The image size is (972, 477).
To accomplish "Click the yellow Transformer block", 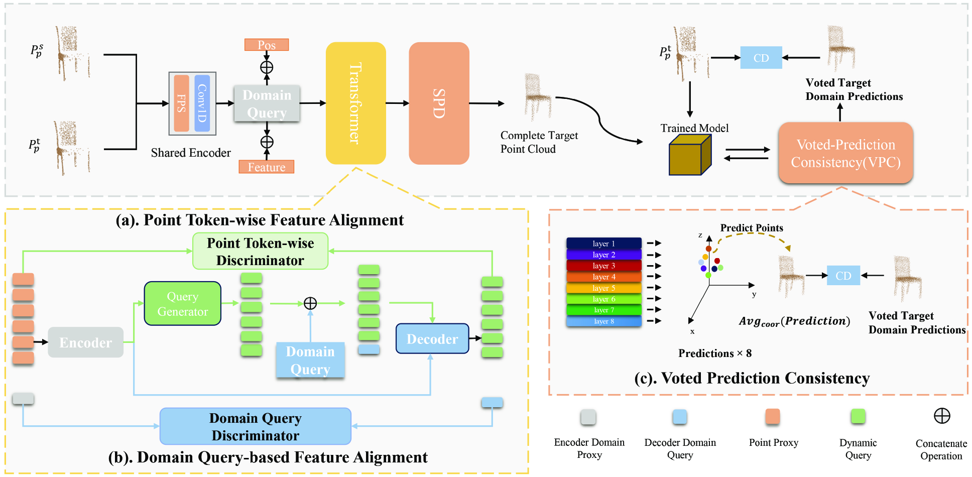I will pyautogui.click(x=355, y=103).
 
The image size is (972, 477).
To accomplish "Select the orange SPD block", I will pyautogui.click(x=439, y=103).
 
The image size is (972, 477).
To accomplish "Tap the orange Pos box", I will pyautogui.click(x=267, y=45).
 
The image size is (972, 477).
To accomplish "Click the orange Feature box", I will pyautogui.click(x=266, y=167).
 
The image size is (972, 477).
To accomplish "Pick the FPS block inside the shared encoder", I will pyautogui.click(x=181, y=103).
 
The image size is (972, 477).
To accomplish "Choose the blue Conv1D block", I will pyautogui.click(x=202, y=103).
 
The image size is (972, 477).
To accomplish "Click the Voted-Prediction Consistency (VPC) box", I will pyautogui.click(x=845, y=153).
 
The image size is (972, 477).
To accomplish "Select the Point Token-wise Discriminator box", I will pyautogui.click(x=260, y=251).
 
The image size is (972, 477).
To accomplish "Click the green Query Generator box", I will pyautogui.click(x=183, y=304).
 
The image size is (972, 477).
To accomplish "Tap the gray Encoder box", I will pyautogui.click(x=85, y=342).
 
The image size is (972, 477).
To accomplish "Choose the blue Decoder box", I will pyautogui.click(x=432, y=339).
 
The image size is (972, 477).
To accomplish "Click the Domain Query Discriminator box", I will pyautogui.click(x=255, y=426).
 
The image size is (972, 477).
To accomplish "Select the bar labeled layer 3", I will pyautogui.click(x=603, y=266).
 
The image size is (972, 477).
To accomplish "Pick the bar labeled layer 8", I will pyautogui.click(x=603, y=321).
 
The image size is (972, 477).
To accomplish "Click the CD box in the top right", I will pyautogui.click(x=761, y=58).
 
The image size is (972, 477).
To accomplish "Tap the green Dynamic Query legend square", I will pyautogui.click(x=858, y=416).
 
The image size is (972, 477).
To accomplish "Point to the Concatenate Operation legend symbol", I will pyautogui.click(x=941, y=416).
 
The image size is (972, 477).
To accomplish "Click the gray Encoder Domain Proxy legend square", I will pyautogui.click(x=588, y=417).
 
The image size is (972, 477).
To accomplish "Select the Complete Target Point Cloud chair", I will pyautogui.click(x=537, y=96).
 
